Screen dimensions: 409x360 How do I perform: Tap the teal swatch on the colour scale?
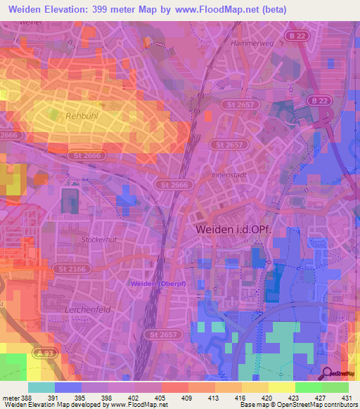point(41,387)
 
